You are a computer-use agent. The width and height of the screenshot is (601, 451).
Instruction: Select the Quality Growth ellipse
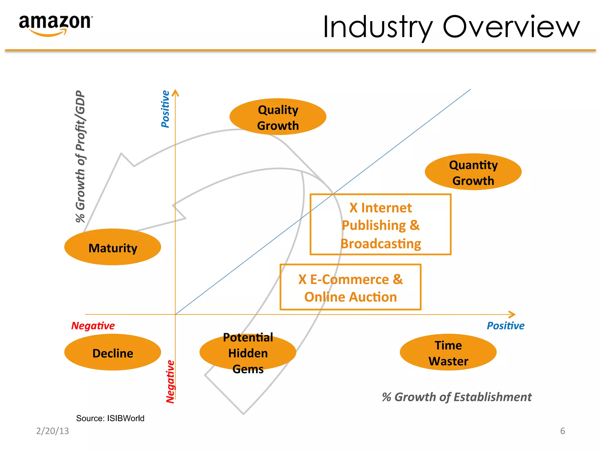(x=278, y=117)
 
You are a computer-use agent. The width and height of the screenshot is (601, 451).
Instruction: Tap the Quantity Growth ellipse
(x=473, y=172)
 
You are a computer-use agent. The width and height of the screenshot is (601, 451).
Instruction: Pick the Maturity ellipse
(x=113, y=247)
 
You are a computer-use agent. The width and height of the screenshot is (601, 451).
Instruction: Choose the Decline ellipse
(x=113, y=352)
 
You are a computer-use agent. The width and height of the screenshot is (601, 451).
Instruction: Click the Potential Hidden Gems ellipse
(x=248, y=352)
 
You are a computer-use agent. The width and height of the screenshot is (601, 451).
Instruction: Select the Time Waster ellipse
(x=448, y=352)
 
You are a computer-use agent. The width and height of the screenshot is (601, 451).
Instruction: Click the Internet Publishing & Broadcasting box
(x=381, y=225)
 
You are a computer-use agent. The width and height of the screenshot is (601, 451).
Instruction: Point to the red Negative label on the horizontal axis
(x=93, y=326)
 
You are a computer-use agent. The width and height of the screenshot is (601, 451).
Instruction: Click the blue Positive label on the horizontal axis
(x=505, y=326)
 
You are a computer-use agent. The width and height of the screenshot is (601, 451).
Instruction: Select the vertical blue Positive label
(x=166, y=109)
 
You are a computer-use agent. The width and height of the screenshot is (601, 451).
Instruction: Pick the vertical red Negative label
(x=170, y=382)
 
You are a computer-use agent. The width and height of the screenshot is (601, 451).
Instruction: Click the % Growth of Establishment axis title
(x=457, y=397)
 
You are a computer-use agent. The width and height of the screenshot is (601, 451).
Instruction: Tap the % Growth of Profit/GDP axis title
(x=80, y=156)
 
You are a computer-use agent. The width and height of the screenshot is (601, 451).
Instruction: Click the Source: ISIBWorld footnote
(x=110, y=418)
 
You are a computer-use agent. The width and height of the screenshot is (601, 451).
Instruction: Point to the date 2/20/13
(x=53, y=431)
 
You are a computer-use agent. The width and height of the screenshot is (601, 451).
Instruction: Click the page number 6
(x=562, y=431)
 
